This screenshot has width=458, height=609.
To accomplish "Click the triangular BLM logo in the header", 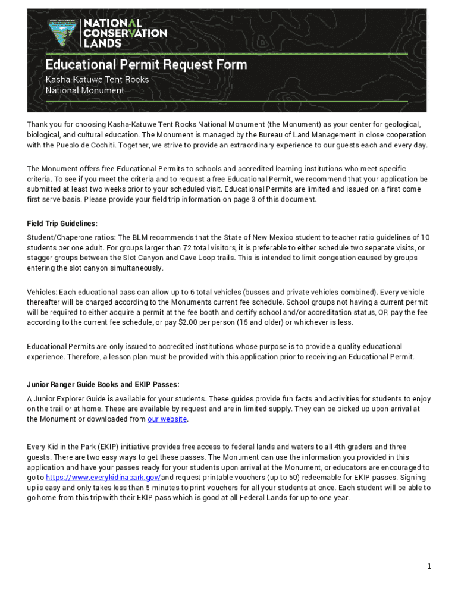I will point(62,33).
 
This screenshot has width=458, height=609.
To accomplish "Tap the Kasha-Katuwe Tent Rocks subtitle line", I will point(98,79).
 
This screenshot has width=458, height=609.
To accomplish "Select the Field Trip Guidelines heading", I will point(62,224).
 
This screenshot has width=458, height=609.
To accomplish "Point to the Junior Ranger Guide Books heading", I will point(103,384).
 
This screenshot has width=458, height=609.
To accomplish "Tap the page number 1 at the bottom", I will point(428,566).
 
